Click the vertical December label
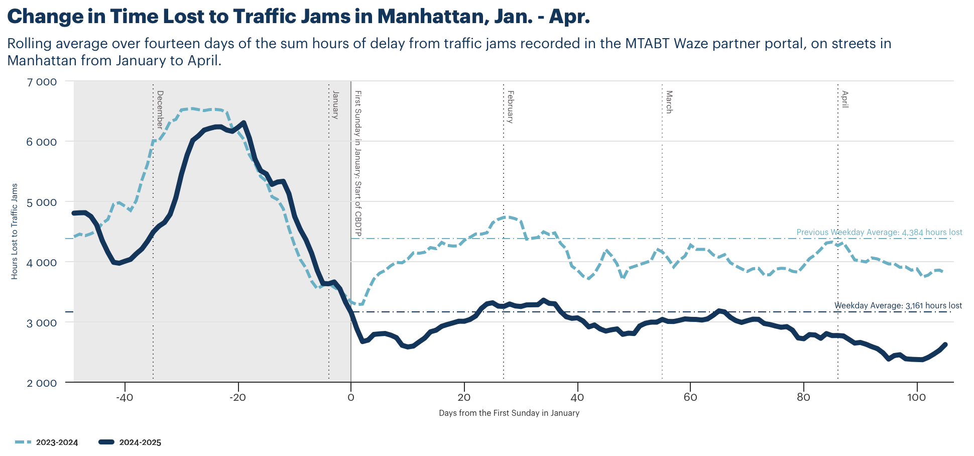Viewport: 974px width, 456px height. (160, 109)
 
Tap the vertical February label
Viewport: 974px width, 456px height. (510, 106)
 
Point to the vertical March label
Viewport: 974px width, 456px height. (669, 102)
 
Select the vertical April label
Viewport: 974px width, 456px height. (844, 99)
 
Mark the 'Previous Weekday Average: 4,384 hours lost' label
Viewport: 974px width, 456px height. (879, 233)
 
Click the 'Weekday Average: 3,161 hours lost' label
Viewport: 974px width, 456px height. (898, 305)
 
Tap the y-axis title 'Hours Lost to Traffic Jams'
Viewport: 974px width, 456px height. (15, 231)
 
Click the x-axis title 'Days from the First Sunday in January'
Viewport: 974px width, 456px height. (509, 413)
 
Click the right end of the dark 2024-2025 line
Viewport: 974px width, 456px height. (945, 345)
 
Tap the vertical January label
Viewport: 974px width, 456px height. (335, 104)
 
